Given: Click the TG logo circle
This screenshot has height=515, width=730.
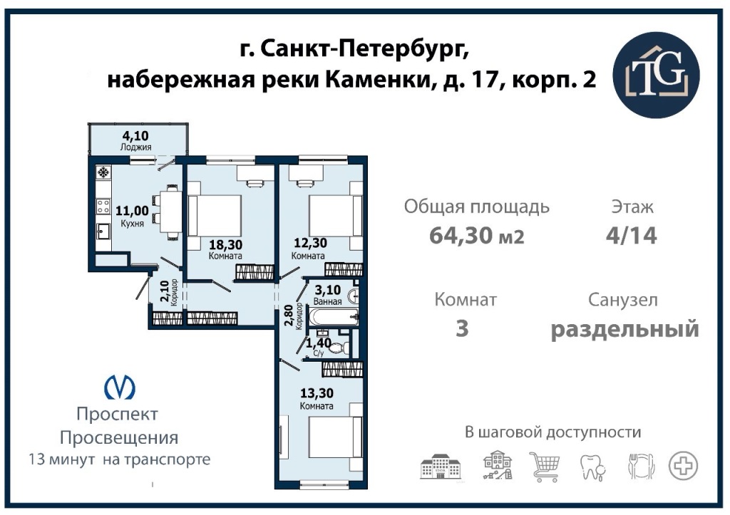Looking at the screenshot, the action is point(656,75).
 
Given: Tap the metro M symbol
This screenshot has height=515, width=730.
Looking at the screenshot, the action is point(119,387).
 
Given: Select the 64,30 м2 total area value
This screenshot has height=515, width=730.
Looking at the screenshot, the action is point(476,235).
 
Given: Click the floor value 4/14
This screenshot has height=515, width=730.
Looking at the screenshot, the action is point(632,235).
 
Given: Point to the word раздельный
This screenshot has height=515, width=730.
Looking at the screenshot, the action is point(624,329).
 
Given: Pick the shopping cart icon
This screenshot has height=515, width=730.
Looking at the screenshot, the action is point(544,466).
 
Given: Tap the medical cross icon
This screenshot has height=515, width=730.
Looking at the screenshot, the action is point(683,465).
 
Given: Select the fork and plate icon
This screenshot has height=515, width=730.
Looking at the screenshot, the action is point(641,466).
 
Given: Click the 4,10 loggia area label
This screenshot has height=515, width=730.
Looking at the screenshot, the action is point(135,135).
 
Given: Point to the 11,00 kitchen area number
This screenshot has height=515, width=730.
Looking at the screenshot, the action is point(132,212).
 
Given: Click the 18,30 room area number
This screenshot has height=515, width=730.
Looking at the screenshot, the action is point(225,245).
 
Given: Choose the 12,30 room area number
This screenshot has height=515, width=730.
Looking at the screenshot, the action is point(310,243).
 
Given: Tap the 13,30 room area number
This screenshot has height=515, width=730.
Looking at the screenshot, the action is point(317,394).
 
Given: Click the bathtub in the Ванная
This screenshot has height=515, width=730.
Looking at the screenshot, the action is point(334,318).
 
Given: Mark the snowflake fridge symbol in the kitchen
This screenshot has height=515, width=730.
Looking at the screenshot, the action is point(103,173).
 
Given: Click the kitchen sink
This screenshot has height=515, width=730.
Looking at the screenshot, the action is point(103,231).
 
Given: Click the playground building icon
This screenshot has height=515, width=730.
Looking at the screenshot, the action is point(498,465).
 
